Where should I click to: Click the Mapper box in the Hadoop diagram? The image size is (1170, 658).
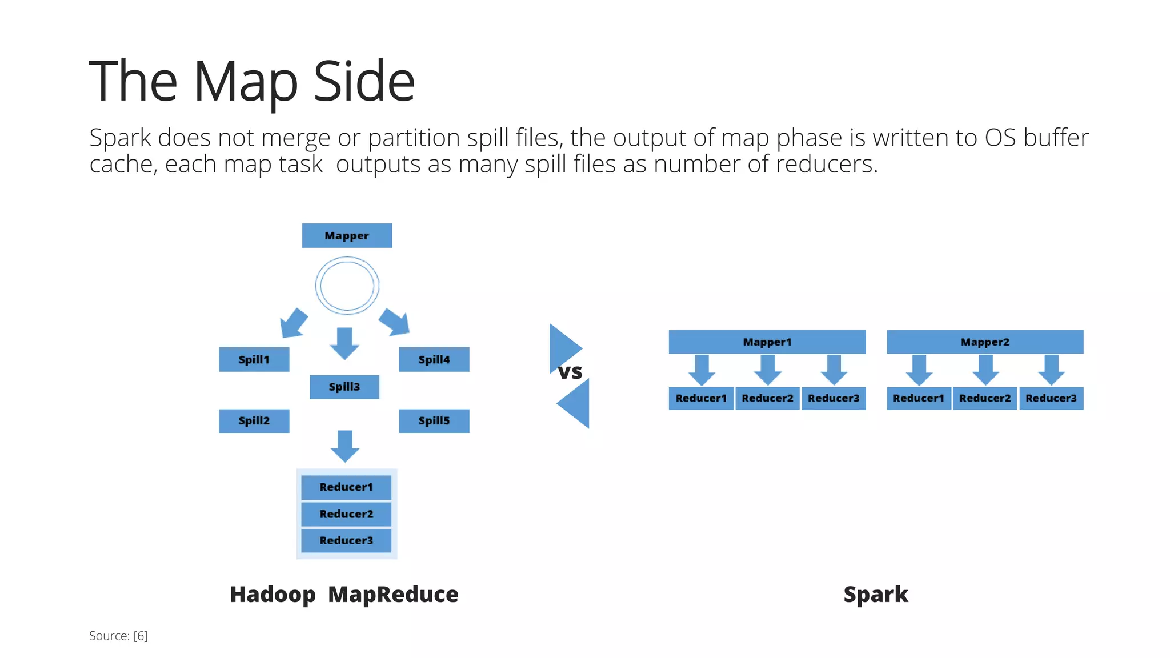347,235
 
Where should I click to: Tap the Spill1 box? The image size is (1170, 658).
254,359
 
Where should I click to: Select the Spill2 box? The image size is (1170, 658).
254,421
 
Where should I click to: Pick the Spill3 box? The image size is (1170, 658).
344,387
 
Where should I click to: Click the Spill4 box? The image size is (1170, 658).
434,359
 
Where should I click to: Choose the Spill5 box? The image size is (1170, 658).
434,421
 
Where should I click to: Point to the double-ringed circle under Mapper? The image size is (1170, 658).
347,286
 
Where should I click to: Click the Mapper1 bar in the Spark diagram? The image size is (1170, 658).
767,342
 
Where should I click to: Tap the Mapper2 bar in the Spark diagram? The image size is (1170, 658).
985,342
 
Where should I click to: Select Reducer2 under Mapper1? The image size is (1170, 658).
767,398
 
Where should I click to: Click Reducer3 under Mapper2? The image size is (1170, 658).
1051,398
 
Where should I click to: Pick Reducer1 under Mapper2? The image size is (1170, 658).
919,398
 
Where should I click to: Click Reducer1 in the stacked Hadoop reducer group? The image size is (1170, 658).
346,487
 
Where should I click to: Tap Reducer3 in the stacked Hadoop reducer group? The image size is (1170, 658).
346,540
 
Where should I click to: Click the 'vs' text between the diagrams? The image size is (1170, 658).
570,372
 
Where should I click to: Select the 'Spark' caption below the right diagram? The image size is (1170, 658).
876,595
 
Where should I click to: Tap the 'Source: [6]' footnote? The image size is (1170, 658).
118,636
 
